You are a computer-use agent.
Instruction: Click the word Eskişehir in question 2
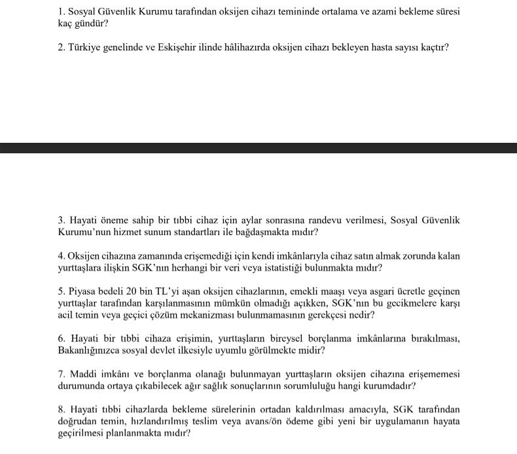tap(177, 48)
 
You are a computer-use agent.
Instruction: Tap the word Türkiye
tap(87, 48)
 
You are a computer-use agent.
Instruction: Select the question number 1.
tap(61, 12)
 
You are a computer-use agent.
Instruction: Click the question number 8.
tap(61, 410)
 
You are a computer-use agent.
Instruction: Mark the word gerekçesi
tap(330, 315)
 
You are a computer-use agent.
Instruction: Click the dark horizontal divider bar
tap(258, 147)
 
